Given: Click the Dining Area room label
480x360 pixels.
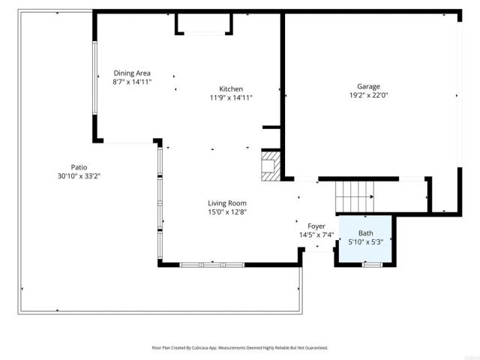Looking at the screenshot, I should tap(132, 73).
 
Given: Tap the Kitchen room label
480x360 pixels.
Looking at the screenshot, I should tap(230, 88).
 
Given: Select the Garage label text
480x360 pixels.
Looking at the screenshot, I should tap(368, 86).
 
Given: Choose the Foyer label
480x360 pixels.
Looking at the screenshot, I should tap(316, 226).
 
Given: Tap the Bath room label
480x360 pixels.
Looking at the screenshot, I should tap(365, 233).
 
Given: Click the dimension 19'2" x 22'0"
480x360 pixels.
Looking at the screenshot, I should tap(368, 95).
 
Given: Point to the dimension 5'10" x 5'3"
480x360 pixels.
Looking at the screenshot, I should tap(365, 242).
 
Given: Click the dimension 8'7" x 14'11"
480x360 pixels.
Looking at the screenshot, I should tap(132, 82).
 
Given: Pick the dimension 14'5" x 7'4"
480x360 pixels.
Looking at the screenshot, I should tap(316, 235).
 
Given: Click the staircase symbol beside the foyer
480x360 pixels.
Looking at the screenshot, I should tap(354, 196).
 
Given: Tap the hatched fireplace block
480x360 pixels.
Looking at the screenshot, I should tap(269, 166).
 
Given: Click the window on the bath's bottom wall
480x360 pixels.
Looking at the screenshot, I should tap(372, 264).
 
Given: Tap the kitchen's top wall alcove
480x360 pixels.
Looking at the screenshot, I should tap(203, 24).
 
